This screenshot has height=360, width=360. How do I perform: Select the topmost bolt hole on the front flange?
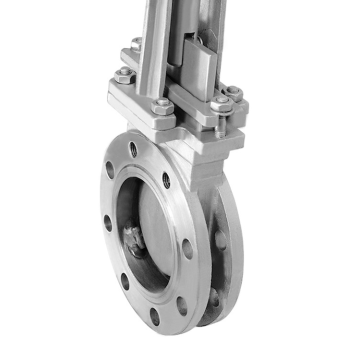133,151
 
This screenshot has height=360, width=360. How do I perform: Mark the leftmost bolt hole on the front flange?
109,222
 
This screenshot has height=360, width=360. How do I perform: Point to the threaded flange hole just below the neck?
167,181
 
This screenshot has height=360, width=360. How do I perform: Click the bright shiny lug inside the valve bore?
133,241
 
